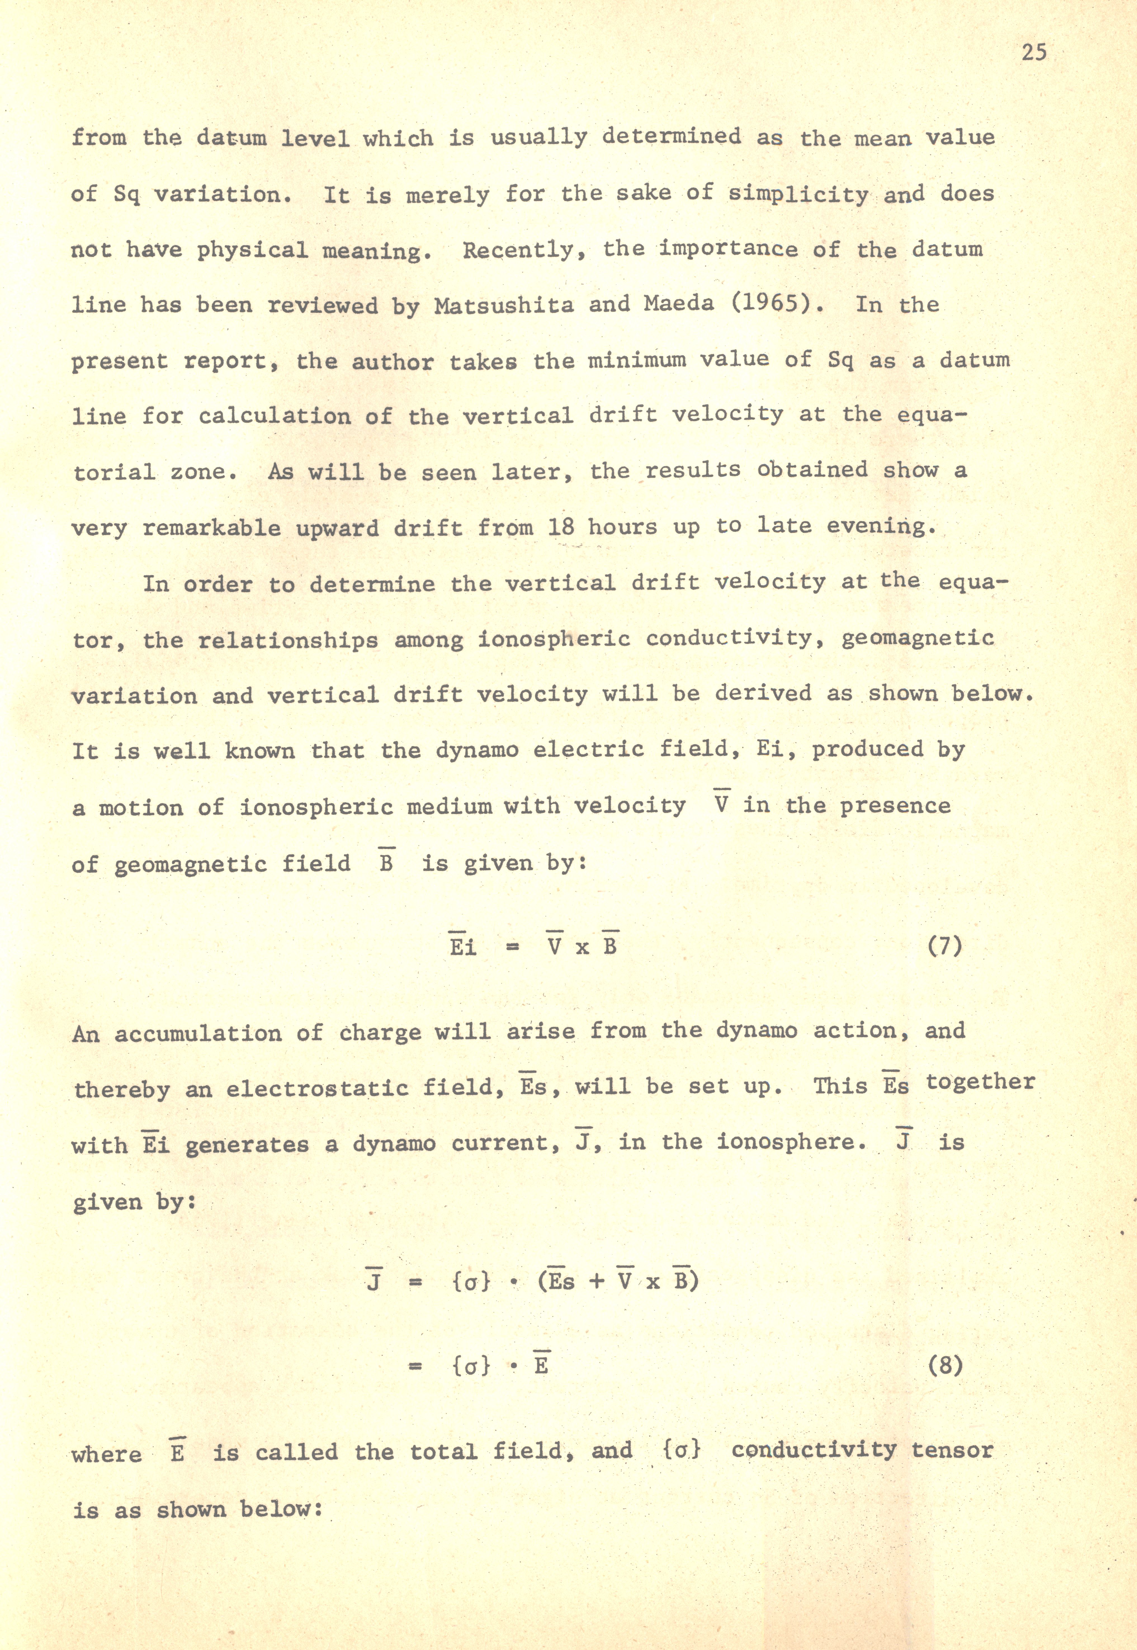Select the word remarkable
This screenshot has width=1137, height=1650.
pyautogui.click(x=212, y=528)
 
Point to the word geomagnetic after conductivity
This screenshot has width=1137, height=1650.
pyautogui.click(x=918, y=638)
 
